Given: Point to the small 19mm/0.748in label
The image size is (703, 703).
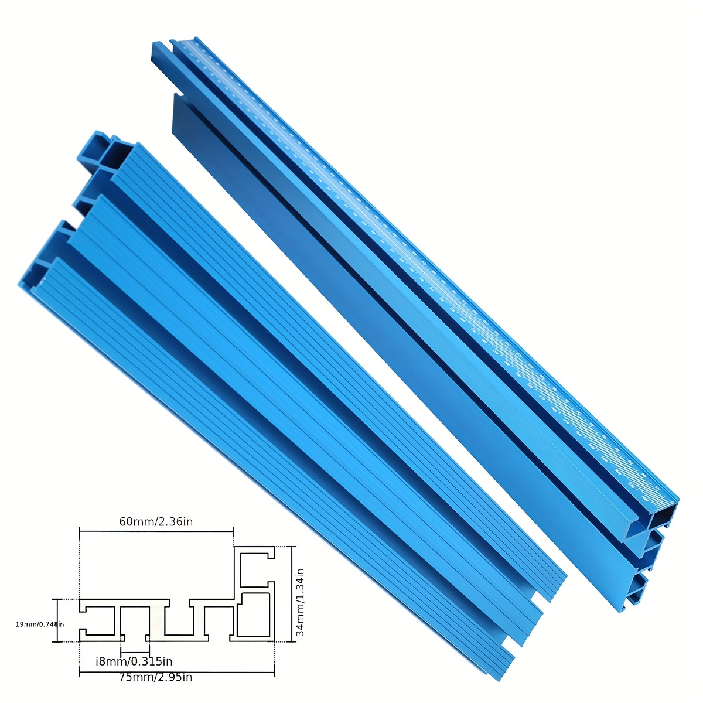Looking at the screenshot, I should [40, 624].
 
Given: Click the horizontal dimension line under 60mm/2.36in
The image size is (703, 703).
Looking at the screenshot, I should [156, 531].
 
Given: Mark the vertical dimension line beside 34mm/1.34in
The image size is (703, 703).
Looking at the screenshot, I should [293, 594].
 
